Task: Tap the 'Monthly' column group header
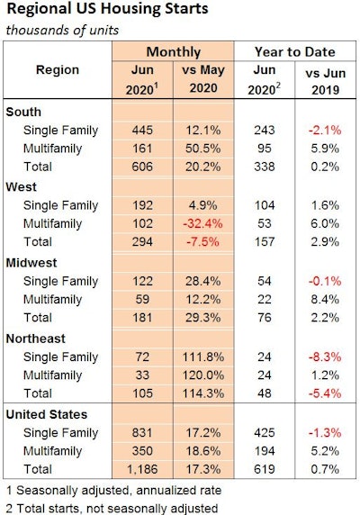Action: point(173,52)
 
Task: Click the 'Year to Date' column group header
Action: point(294,52)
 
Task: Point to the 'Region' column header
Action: point(57,69)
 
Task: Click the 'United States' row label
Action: point(48,413)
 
